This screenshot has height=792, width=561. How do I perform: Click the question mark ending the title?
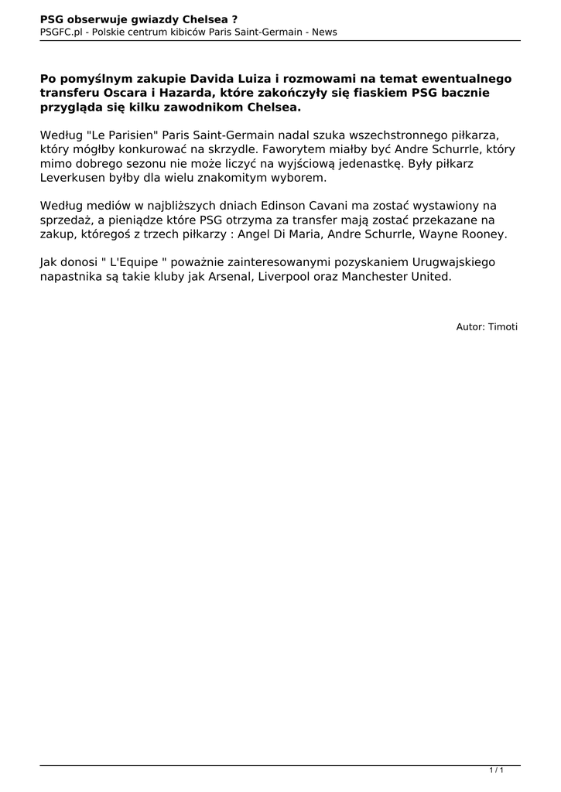(234, 19)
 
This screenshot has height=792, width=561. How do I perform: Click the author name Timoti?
(503, 327)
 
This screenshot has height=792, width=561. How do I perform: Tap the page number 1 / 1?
(497, 770)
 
